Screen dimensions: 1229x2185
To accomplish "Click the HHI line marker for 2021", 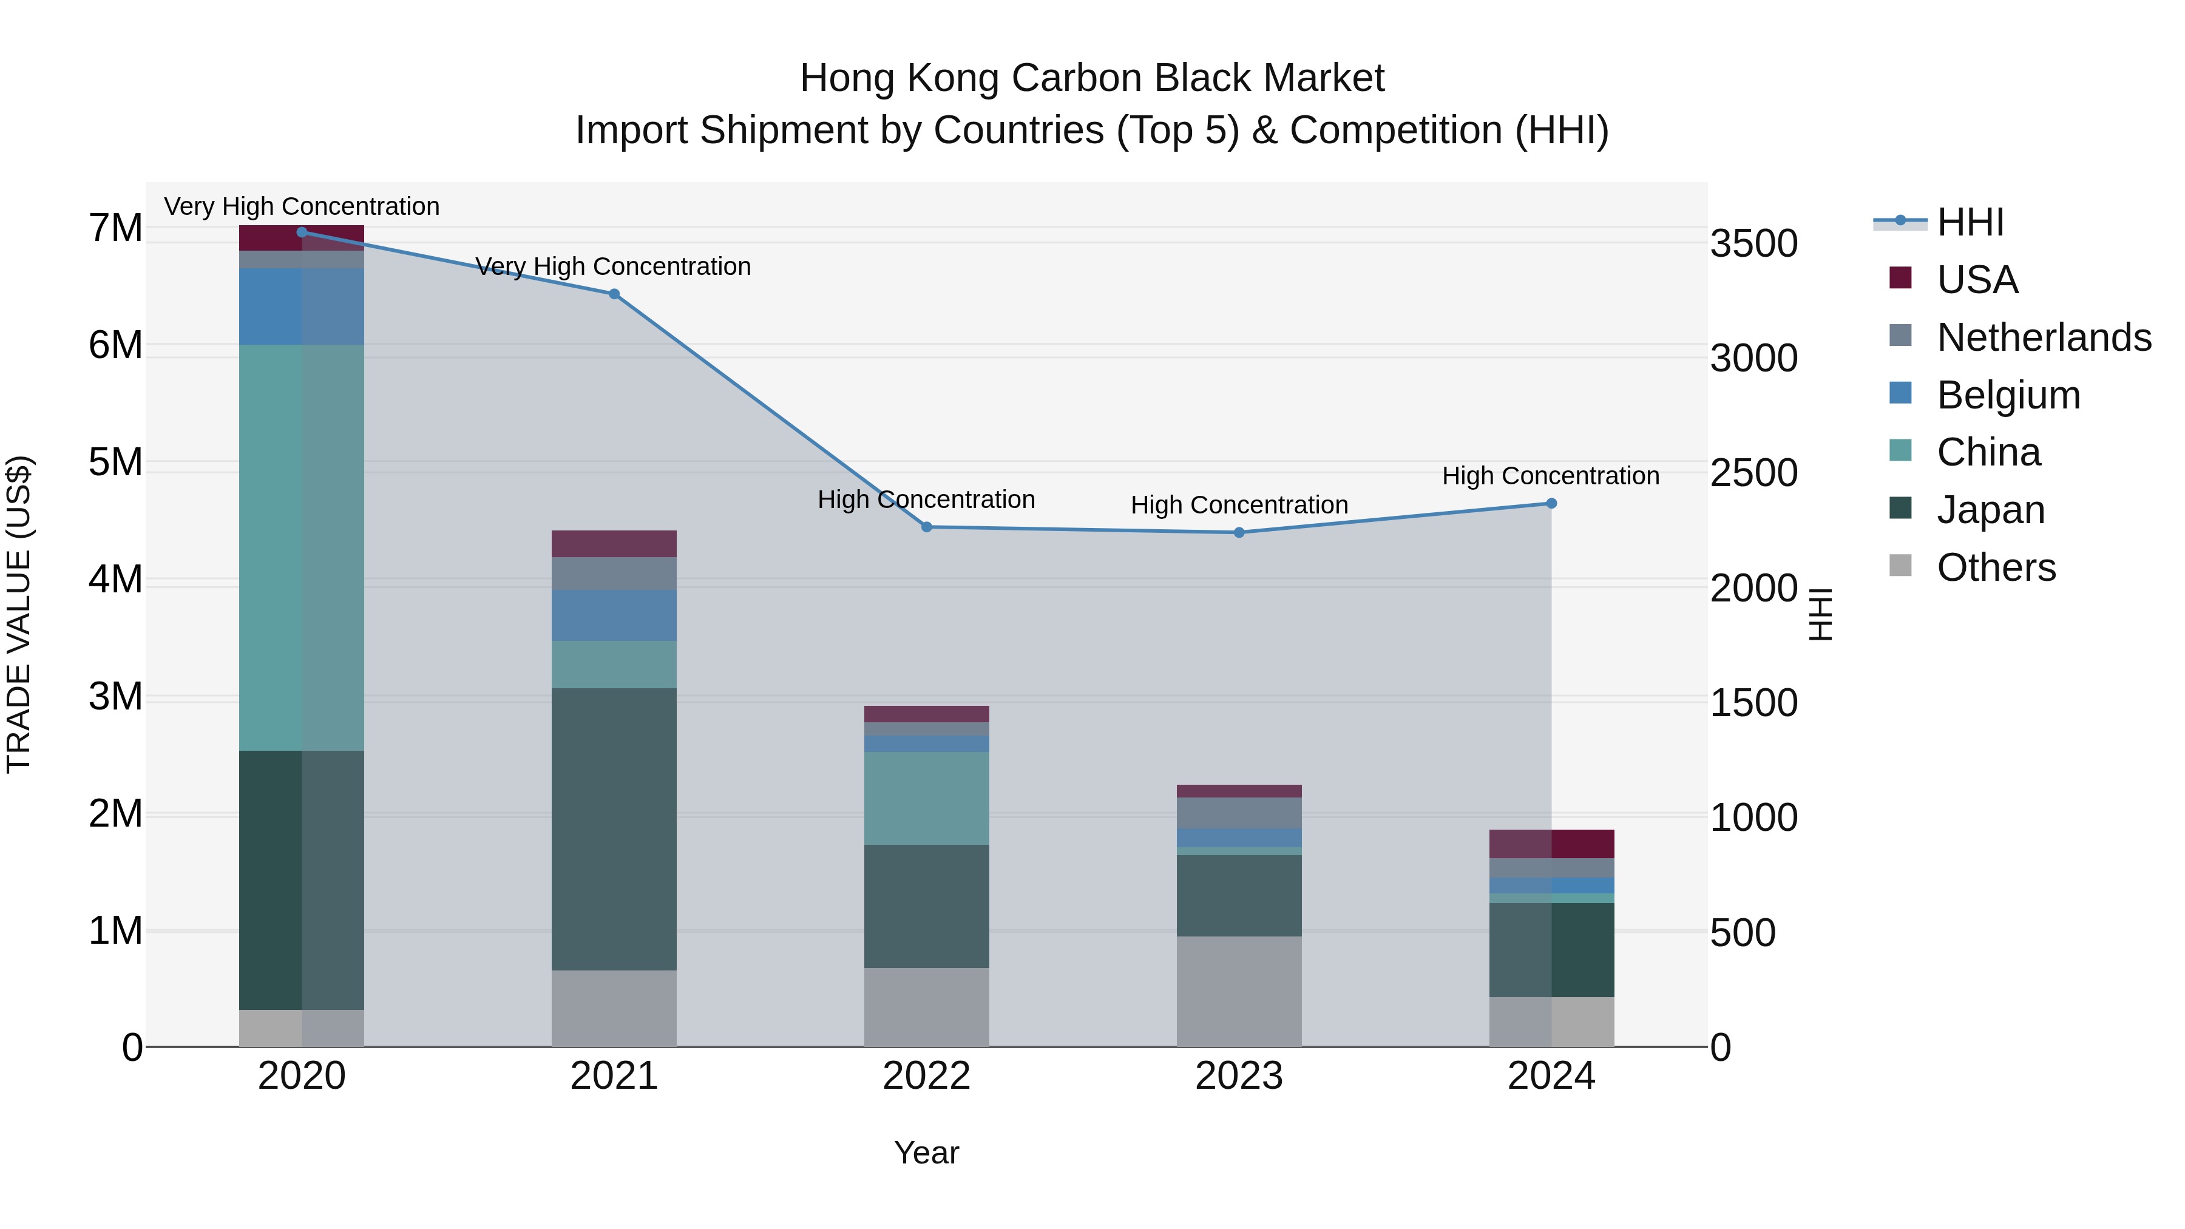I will pyautogui.click(x=614, y=294).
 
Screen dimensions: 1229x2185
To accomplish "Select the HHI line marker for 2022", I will pyautogui.click(x=926, y=527).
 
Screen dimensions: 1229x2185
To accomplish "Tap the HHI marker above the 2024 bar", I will pyautogui.click(x=1551, y=503).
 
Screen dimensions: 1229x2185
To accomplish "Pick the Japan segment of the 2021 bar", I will pyautogui.click(x=614, y=828).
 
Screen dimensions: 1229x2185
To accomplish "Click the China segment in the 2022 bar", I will pyautogui.click(x=926, y=797).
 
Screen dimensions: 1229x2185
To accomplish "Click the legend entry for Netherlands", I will pyautogui.click(x=2044, y=337).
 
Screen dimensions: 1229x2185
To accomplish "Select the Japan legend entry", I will pyautogui.click(x=1990, y=510).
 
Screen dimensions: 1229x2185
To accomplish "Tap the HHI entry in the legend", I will pyautogui.click(x=1970, y=222).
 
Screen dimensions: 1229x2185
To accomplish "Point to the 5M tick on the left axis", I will pyautogui.click(x=115, y=462).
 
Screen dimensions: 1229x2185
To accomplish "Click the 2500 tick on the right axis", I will pyautogui.click(x=1752, y=473).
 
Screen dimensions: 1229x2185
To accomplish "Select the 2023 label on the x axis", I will pyautogui.click(x=1238, y=1076).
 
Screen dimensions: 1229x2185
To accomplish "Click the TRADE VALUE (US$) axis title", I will pyautogui.click(x=19, y=614).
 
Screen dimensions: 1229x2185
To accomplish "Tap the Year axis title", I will pyautogui.click(x=926, y=1153).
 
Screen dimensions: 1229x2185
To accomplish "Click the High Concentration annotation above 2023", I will pyautogui.click(x=1238, y=505).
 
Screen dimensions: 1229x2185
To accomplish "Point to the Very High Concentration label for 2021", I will pyautogui.click(x=612, y=266).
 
